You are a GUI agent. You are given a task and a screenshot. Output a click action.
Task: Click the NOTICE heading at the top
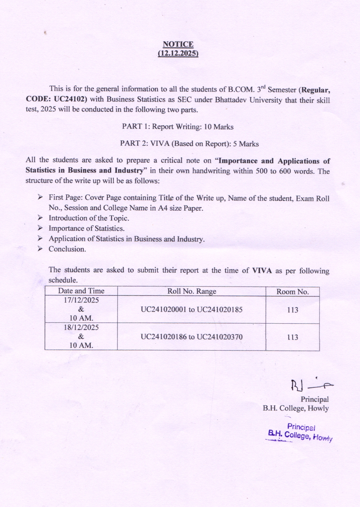pyautogui.click(x=178, y=44)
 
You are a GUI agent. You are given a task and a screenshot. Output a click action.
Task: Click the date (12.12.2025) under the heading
pyautogui.click(x=178, y=53)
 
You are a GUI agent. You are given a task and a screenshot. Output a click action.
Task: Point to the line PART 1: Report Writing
pyautogui.click(x=178, y=127)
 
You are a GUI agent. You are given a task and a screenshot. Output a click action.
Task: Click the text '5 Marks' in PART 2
pyautogui.click(x=246, y=144)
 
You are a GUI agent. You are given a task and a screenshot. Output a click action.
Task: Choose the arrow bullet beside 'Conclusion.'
pyautogui.click(x=40, y=249)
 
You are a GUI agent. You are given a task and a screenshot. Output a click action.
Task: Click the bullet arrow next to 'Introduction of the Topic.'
pyautogui.click(x=40, y=218)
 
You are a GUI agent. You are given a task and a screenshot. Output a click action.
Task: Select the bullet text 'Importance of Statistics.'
pyautogui.click(x=87, y=229)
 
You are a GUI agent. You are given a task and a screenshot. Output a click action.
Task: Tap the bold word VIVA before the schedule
pyautogui.click(x=262, y=270)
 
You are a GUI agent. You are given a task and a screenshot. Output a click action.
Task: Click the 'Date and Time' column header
pyautogui.click(x=81, y=291)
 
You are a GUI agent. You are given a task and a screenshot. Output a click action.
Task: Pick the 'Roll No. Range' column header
pyautogui.click(x=192, y=291)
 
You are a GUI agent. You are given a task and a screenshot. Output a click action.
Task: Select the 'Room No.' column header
pyautogui.click(x=293, y=292)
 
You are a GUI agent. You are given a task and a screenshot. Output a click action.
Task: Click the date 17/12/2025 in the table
pyautogui.click(x=81, y=300)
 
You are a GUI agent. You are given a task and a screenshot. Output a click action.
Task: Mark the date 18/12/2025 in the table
pyautogui.click(x=81, y=328)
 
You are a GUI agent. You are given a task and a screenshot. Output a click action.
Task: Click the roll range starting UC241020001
pyautogui.click(x=191, y=310)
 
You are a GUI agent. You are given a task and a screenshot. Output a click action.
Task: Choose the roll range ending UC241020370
pyautogui.click(x=191, y=337)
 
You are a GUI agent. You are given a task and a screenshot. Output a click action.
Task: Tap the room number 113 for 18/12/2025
pyautogui.click(x=293, y=337)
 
